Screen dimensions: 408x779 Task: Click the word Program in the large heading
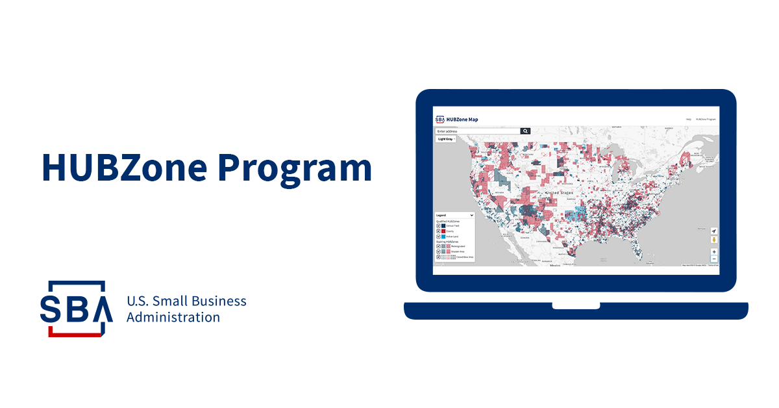[x=295, y=168]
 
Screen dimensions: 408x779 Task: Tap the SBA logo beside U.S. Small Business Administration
[x=72, y=309]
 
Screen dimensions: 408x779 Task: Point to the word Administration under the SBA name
[x=173, y=318]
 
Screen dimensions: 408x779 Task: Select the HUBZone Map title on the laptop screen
[x=462, y=120]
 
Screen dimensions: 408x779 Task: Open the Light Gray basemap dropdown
[x=445, y=139]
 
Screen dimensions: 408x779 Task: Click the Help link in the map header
[x=689, y=120]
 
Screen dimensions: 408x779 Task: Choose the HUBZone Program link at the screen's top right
[x=706, y=120]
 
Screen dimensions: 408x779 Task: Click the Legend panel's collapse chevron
[x=471, y=215]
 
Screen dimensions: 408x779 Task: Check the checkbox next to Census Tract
[x=438, y=226]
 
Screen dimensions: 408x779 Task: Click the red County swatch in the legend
[x=443, y=231]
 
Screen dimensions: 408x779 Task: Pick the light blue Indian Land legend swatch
[x=443, y=236]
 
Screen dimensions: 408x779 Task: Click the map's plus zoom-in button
[x=714, y=251]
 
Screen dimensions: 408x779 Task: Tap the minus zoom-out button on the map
[x=714, y=259]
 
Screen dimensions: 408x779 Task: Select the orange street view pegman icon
[x=714, y=240]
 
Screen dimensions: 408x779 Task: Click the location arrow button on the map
[x=714, y=231]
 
